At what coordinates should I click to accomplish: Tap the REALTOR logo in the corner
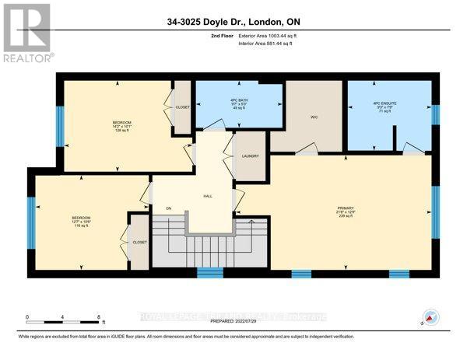27,33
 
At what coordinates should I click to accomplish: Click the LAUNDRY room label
250,156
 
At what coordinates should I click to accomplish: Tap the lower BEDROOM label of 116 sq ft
81,220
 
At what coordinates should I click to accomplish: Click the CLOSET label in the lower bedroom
140,242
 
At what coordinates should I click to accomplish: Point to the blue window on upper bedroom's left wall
59,121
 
